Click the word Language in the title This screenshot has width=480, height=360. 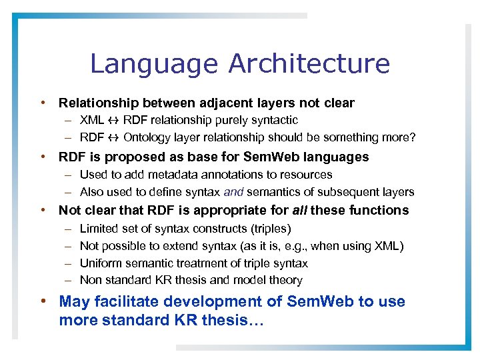pyautogui.click(x=154, y=64)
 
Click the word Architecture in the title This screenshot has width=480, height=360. pyautogui.click(x=309, y=64)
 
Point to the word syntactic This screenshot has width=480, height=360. pyautogui.click(x=274, y=121)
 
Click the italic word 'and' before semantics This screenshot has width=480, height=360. pyautogui.click(x=234, y=192)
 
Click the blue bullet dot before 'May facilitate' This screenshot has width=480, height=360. pyautogui.click(x=43, y=301)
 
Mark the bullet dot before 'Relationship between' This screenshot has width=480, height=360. pyautogui.click(x=43, y=103)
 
